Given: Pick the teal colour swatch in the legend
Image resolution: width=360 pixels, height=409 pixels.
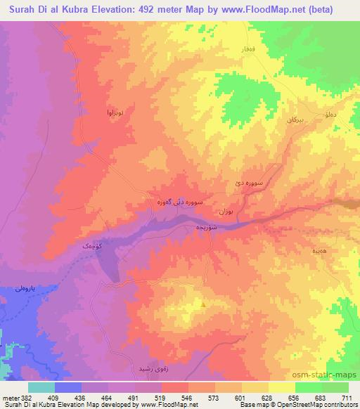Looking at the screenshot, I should [41, 387].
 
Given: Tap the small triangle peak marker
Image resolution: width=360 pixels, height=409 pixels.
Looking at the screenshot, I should [204, 304].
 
